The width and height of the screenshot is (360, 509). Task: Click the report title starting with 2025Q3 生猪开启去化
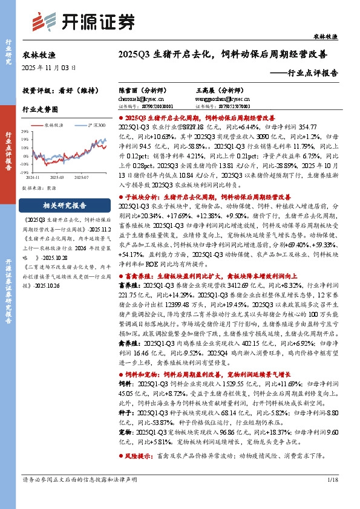point(224,54)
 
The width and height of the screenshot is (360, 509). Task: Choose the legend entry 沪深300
point(96,125)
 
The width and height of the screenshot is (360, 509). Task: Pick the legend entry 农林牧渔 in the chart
point(54,125)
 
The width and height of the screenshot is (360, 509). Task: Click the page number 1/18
point(332,497)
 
